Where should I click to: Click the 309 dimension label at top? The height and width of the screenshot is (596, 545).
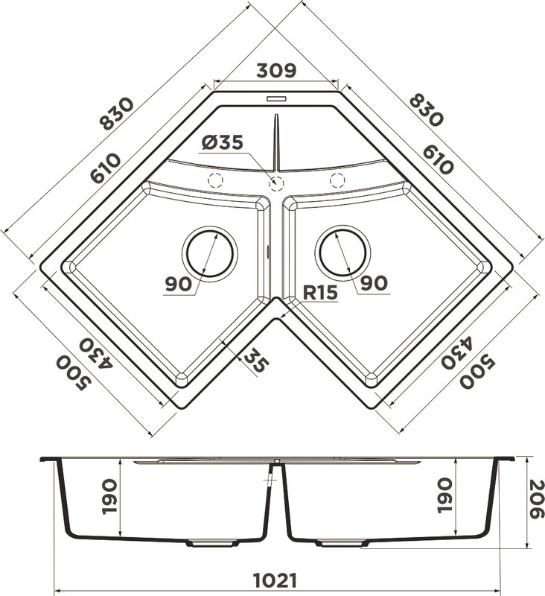(x=276, y=70)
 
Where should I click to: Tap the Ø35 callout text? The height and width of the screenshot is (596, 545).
(x=222, y=142)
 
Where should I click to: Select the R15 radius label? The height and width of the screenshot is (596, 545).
(x=320, y=292)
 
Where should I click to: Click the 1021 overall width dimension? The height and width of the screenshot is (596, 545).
(x=275, y=580)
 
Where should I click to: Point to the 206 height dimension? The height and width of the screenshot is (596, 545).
(x=537, y=499)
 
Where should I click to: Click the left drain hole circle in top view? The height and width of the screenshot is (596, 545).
(x=210, y=253)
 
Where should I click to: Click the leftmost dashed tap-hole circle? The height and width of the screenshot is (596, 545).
(x=215, y=180)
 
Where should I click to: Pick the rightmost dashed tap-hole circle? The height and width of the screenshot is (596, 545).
(x=337, y=180)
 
